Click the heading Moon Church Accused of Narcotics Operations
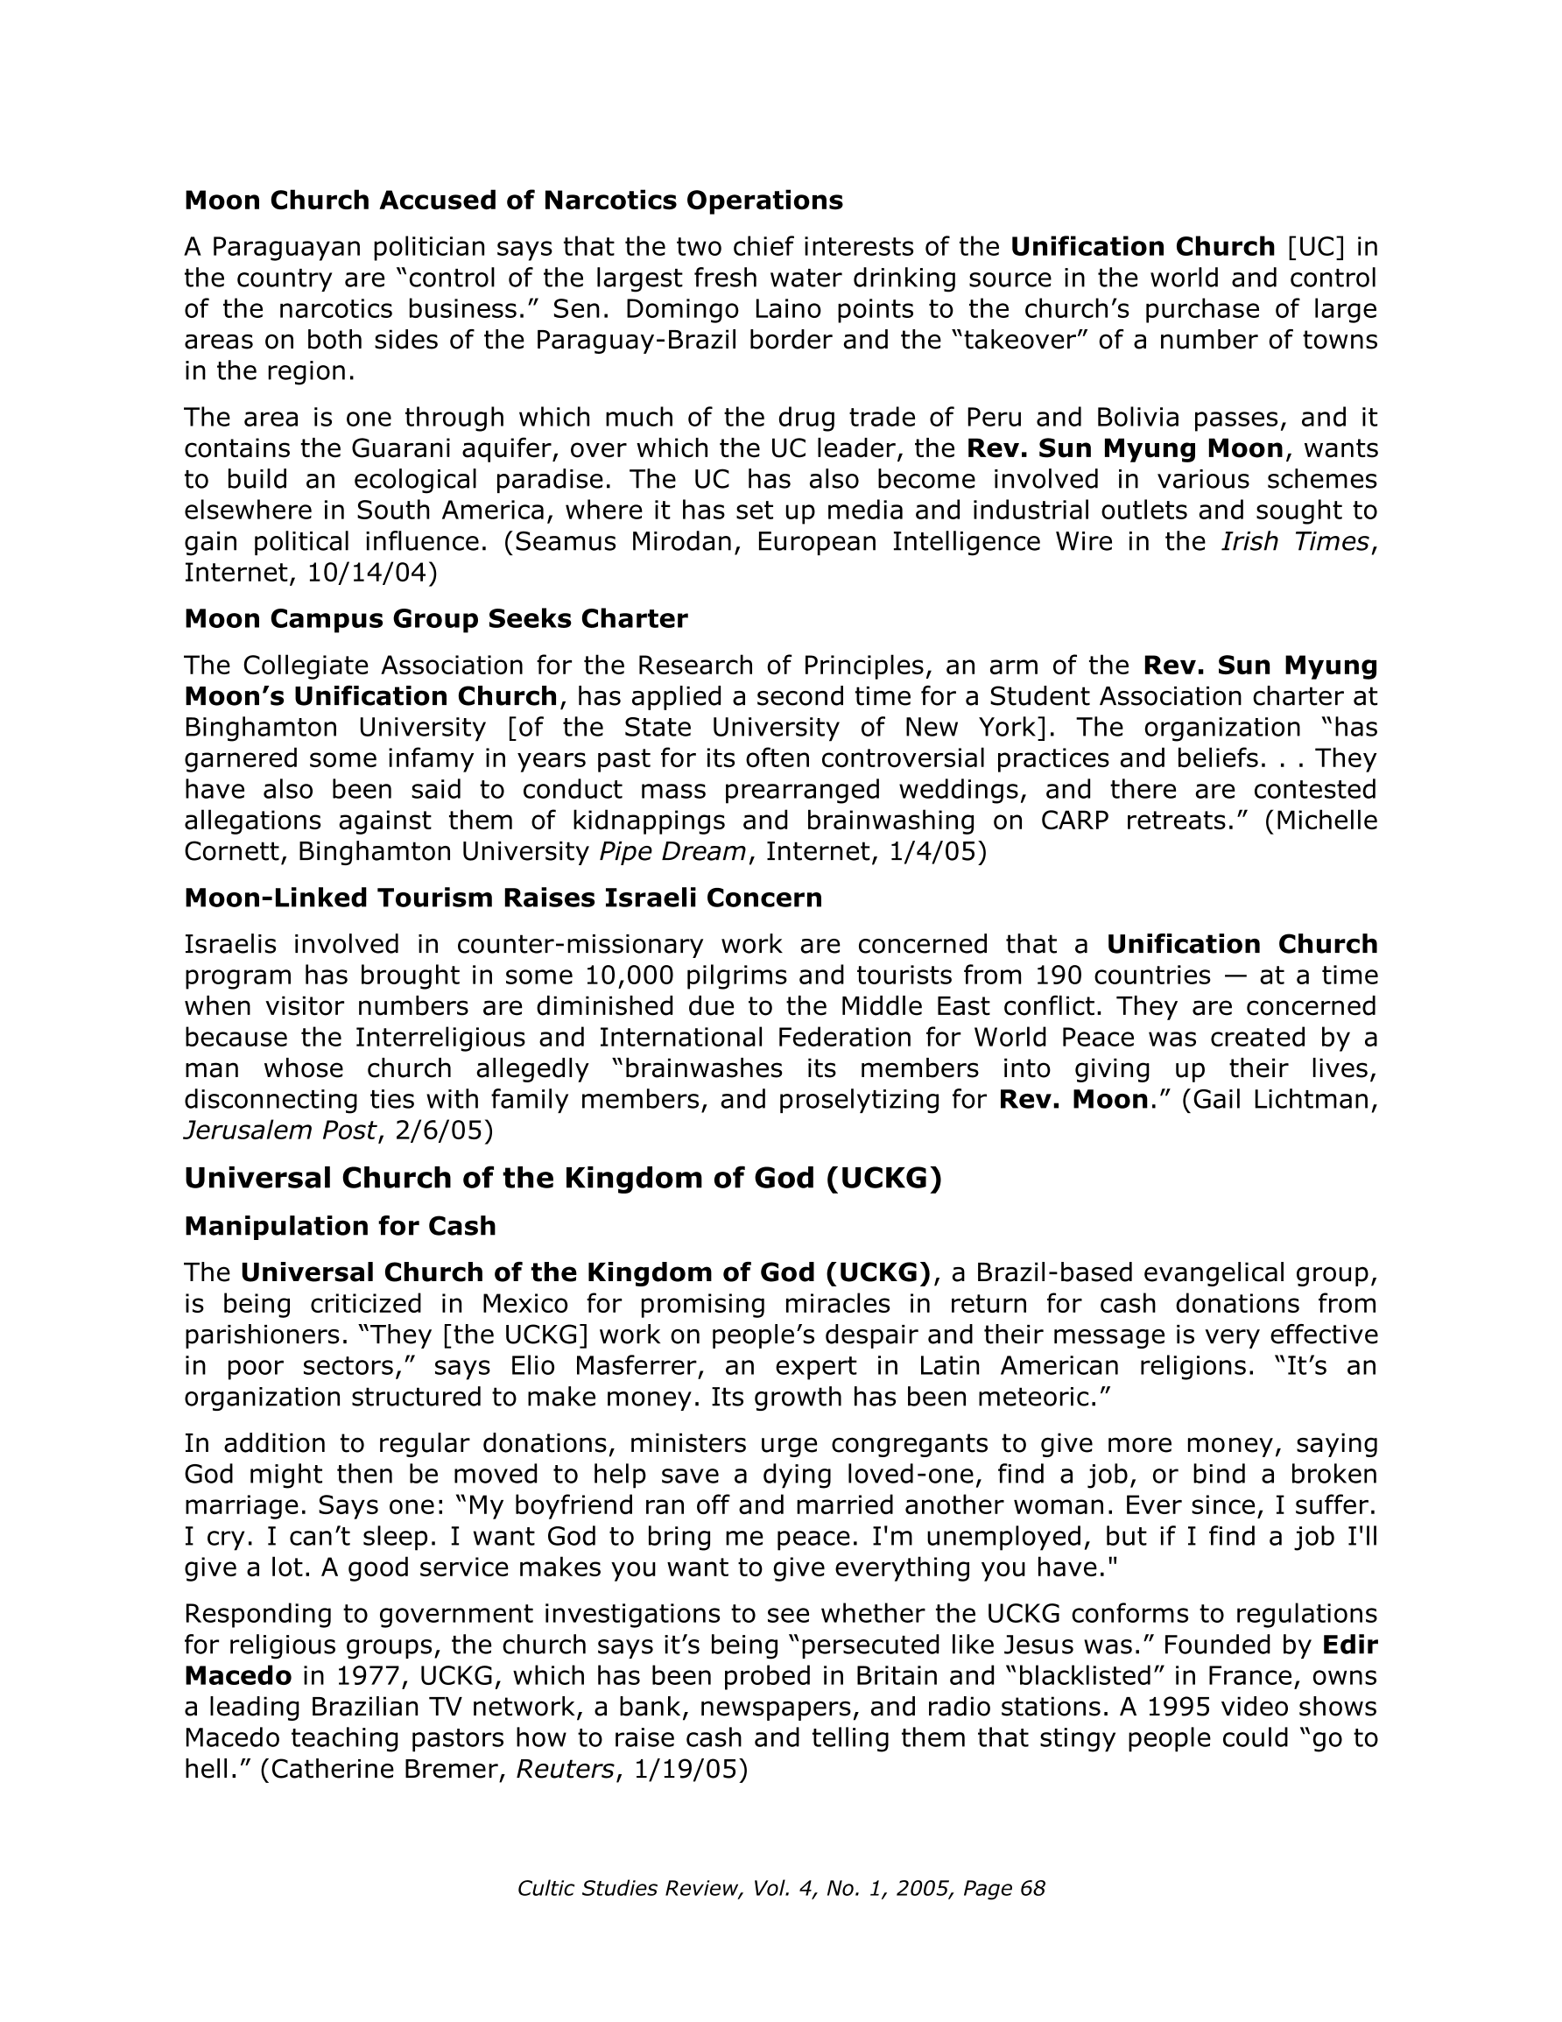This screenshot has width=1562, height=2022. [x=513, y=200]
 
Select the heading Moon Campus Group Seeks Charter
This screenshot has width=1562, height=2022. [x=435, y=618]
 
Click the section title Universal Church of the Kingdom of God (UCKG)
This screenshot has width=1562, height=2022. [x=562, y=1178]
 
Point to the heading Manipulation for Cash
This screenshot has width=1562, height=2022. [x=340, y=1226]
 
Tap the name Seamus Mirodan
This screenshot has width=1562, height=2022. [x=628, y=540]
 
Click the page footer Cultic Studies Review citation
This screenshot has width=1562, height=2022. [x=780, y=1889]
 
